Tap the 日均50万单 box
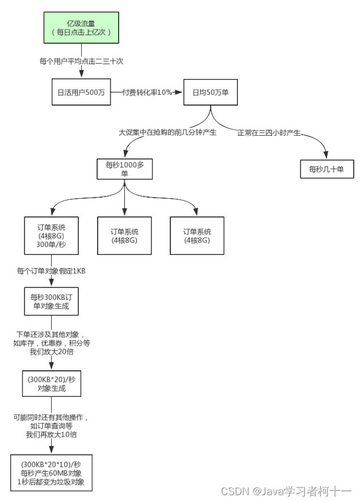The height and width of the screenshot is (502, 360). [x=211, y=92]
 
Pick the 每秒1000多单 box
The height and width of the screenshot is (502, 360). [x=125, y=169]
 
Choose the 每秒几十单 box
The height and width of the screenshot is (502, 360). [x=327, y=169]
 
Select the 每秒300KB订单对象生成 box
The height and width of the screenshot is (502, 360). [x=51, y=301]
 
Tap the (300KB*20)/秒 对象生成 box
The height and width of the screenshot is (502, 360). [x=51, y=383]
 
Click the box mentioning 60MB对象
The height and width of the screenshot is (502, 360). [x=51, y=472]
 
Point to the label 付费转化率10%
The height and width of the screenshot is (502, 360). [x=148, y=92]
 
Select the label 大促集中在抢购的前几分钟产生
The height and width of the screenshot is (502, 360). [x=165, y=132]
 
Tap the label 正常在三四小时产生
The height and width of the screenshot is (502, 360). [x=269, y=133]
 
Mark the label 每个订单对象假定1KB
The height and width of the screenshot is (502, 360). [x=51, y=271]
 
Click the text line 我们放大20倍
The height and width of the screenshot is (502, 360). [x=51, y=352]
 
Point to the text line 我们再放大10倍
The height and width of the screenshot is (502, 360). [x=51, y=434]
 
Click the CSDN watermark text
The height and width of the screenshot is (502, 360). [x=286, y=491]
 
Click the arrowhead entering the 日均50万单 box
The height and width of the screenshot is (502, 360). [x=180, y=92]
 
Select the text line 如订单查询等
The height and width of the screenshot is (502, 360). [x=51, y=426]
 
